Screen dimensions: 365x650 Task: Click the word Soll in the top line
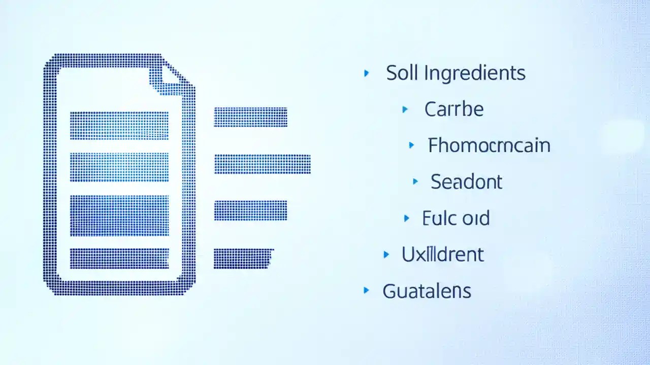tap(401, 73)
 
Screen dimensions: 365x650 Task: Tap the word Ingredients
tap(474, 74)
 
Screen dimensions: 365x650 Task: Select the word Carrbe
tap(453, 109)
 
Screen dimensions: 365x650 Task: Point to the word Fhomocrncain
tap(489, 146)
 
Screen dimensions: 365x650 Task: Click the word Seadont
tap(466, 181)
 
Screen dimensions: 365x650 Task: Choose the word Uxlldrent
tap(442, 254)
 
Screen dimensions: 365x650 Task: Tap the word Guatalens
tap(427, 291)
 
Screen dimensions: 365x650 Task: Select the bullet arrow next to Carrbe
tap(405, 109)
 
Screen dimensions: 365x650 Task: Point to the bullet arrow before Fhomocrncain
tap(411, 145)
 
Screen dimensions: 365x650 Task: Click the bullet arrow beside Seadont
tap(415, 181)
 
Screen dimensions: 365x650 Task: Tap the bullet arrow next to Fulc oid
tap(406, 218)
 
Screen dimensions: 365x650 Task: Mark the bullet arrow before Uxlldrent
tap(386, 254)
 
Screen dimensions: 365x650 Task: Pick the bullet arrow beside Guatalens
tap(366, 290)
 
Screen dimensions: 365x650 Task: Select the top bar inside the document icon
tap(119, 125)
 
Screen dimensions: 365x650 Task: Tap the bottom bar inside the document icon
tap(119, 258)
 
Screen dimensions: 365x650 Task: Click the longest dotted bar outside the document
tap(262, 164)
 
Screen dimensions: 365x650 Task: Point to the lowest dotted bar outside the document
tap(243, 258)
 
